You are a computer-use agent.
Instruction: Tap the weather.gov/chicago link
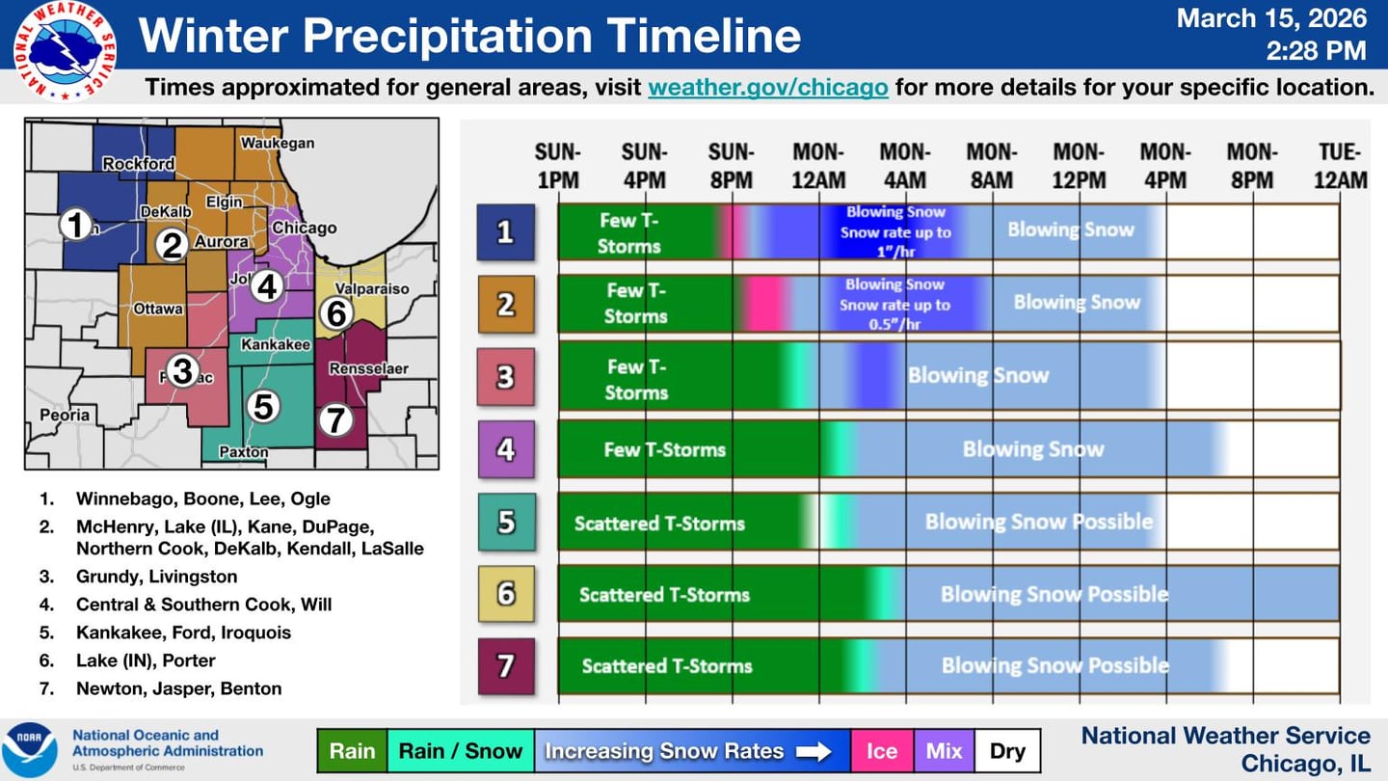pyautogui.click(x=767, y=87)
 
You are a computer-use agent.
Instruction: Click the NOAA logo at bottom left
pyautogui.click(x=30, y=749)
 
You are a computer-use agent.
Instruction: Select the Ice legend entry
pyautogui.click(x=881, y=751)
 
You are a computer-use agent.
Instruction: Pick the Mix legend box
pyautogui.click(x=944, y=751)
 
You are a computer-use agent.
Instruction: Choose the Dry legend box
pyautogui.click(x=1007, y=751)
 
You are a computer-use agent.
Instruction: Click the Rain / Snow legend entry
pyautogui.click(x=460, y=751)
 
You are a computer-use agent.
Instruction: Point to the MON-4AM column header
pyautogui.click(x=904, y=166)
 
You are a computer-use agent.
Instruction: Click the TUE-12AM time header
pyautogui.click(x=1340, y=166)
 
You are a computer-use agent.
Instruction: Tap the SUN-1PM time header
pyautogui.click(x=558, y=166)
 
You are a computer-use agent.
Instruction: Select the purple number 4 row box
pyautogui.click(x=505, y=449)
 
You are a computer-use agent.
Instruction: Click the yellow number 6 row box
pyautogui.click(x=506, y=593)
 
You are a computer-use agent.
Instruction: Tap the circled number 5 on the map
pyautogui.click(x=263, y=407)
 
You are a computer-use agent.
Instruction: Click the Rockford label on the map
pyautogui.click(x=139, y=164)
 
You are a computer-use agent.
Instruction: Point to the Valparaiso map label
pyautogui.click(x=372, y=288)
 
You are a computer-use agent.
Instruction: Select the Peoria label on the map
pyautogui.click(x=65, y=416)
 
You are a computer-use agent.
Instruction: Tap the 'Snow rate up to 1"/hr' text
pyautogui.click(x=894, y=242)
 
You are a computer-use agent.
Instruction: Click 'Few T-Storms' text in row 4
pyautogui.click(x=664, y=449)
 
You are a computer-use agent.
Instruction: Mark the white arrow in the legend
pyautogui.click(x=814, y=751)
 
